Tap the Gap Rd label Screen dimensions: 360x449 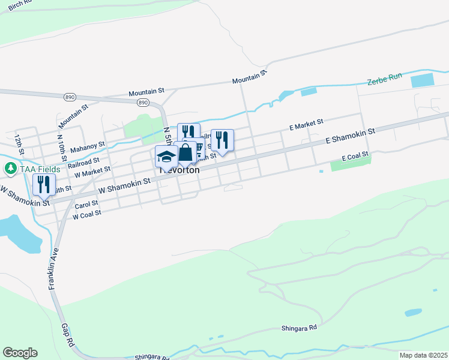point(67,335)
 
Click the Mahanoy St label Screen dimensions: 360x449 point(88,146)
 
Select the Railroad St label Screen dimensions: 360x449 point(84,162)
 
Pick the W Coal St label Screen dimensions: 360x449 point(86,212)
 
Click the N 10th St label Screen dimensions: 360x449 point(59,145)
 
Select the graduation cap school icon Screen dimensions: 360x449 point(166,157)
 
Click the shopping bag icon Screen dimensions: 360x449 point(185,153)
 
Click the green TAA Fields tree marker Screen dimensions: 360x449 point(10,169)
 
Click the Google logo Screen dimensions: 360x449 point(20,353)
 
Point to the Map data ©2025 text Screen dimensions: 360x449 point(423,355)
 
